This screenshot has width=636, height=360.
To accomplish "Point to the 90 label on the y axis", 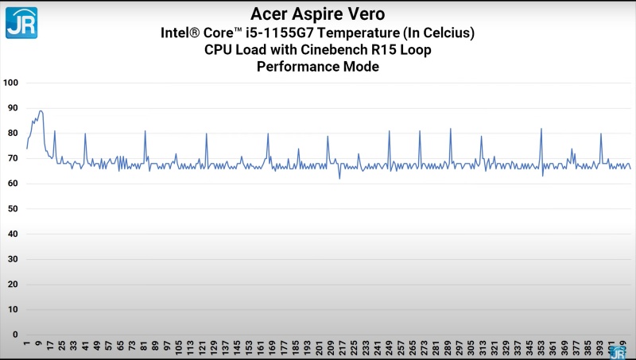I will [12, 108].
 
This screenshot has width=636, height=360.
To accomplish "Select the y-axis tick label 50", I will [12, 208].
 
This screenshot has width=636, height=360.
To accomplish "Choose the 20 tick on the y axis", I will [12, 284].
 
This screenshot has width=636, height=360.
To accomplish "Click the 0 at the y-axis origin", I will [14, 335].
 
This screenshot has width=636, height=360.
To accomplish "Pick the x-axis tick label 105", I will [180, 347].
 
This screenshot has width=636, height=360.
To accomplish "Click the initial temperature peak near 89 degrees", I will [41, 111].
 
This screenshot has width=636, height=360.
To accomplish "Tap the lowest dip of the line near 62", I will [339, 178].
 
